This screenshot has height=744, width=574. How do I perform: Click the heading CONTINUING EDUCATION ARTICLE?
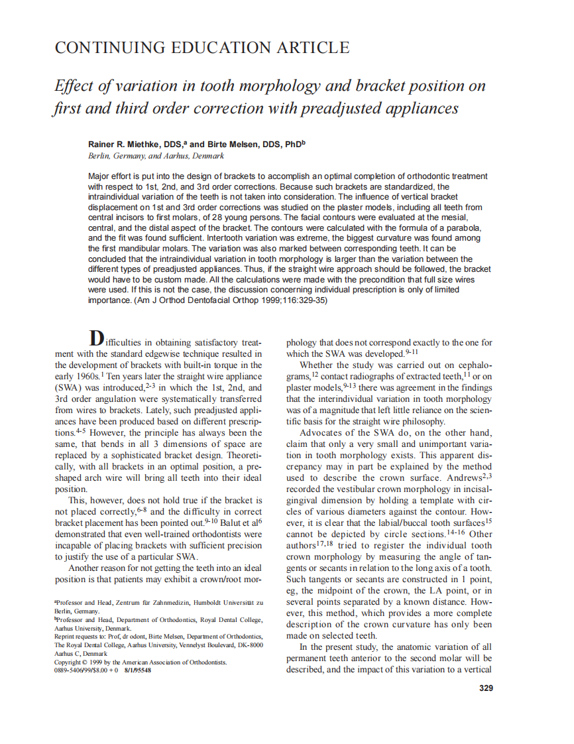(201, 48)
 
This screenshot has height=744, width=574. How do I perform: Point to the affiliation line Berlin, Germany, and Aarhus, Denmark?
(156, 156)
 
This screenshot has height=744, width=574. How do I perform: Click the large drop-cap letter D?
(97, 338)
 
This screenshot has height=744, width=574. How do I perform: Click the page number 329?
(486, 688)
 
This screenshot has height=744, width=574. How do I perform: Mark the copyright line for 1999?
(141, 662)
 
